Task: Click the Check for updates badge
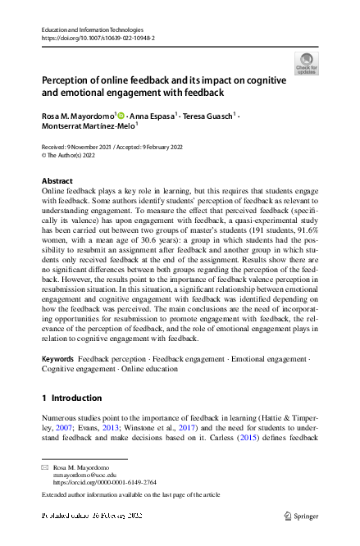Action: point(305,62)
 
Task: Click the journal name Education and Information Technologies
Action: point(92,30)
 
